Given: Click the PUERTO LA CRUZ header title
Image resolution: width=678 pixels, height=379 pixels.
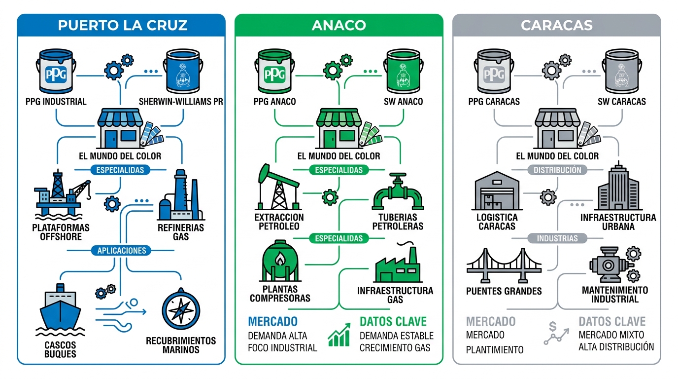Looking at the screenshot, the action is (122, 25).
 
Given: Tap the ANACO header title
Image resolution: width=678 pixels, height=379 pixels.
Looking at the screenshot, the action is (339, 25).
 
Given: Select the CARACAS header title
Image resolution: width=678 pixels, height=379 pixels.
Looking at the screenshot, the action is (557, 25).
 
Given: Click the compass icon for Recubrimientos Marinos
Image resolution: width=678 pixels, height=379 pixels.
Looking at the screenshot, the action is (181, 310).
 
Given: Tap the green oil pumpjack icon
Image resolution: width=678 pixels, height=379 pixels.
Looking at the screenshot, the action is (278, 188).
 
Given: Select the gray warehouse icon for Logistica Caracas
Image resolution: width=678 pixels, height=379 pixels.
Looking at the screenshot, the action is (497, 190).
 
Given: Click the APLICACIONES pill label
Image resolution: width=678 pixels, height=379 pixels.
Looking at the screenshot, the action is (122, 250).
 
